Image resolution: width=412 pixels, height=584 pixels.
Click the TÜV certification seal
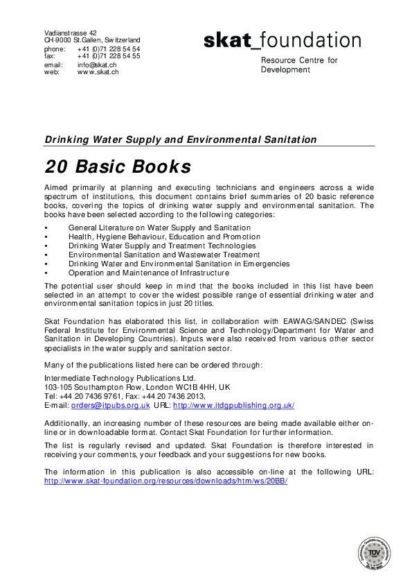376,555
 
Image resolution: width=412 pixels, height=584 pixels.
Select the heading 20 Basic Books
118,167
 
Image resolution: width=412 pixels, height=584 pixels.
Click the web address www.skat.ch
98,71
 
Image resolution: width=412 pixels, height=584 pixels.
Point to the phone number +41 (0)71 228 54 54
109,49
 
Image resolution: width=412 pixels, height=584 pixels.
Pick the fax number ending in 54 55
109,56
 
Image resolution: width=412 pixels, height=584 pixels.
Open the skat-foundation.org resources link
165,480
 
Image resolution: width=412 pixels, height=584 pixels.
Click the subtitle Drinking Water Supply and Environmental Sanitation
181,139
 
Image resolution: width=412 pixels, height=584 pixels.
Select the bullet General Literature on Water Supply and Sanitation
159,227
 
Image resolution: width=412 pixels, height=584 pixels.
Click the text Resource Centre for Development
299,65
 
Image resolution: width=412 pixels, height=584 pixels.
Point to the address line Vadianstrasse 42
71,33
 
